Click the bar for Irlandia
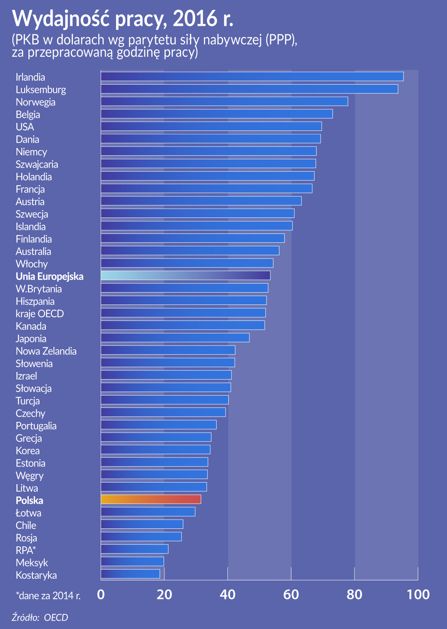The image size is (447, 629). point(252,76)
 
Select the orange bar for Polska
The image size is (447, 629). point(151,499)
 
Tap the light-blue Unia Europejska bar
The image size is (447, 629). point(186,275)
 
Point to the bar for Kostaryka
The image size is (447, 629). point(130,574)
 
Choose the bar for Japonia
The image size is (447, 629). point(175,338)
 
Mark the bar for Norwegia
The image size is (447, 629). point(224,101)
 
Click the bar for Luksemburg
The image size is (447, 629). point(249,89)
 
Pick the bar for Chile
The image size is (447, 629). point(142,524)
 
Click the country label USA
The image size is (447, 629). point(25,127)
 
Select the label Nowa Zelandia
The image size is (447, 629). point(46,351)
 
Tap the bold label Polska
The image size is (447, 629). point(29,500)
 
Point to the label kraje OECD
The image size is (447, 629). point(40,314)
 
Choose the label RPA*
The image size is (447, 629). point(26,550)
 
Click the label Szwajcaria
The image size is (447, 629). point(37,164)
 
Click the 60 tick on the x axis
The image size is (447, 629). point(291,595)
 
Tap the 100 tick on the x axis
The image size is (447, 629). point(418,595)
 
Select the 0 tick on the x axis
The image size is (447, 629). point(101,595)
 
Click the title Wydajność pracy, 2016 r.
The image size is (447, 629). point(123,18)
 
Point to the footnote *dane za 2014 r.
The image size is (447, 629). point(48,596)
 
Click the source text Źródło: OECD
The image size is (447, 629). point(40,617)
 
